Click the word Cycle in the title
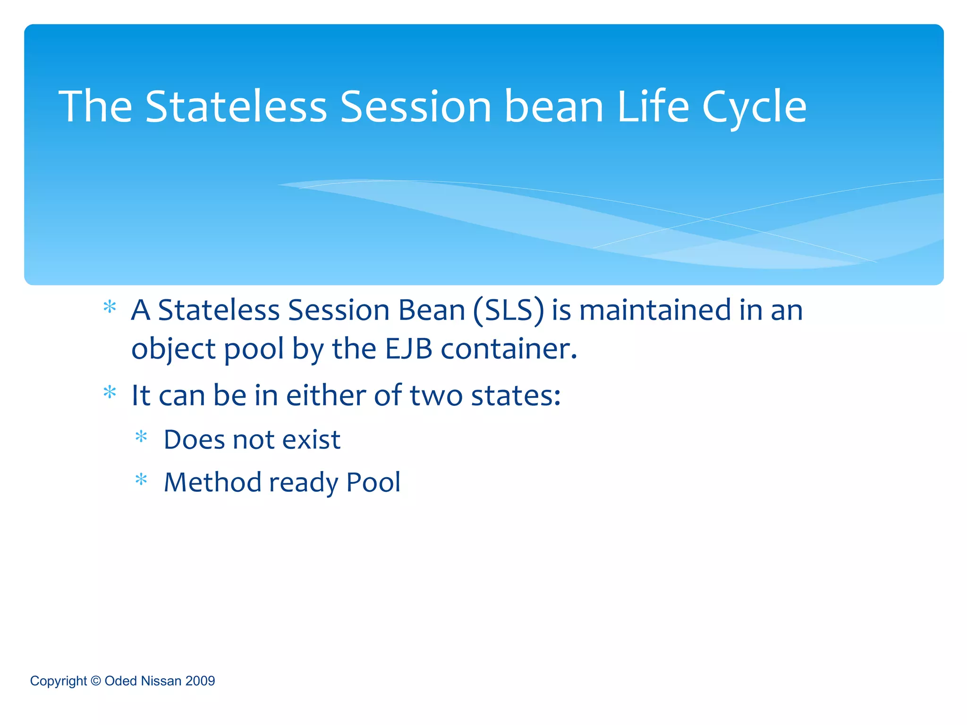click(x=754, y=108)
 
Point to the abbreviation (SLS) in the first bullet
click(x=509, y=311)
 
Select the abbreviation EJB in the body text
click(x=408, y=349)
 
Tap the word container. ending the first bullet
click(x=509, y=349)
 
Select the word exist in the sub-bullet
click(x=311, y=440)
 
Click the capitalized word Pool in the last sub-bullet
click(x=373, y=482)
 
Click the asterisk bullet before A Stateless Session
click(x=110, y=307)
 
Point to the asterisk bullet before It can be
click(x=110, y=392)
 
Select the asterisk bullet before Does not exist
click(x=141, y=437)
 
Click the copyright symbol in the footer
click(x=95, y=681)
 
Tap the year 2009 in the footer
click(x=200, y=681)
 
